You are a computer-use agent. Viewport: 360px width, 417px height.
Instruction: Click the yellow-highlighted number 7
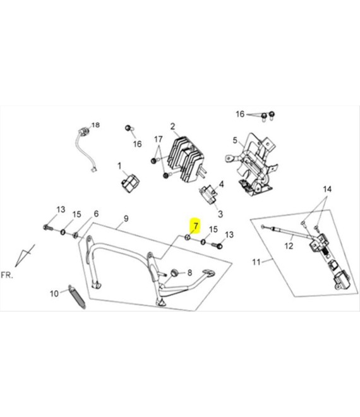click(196, 226)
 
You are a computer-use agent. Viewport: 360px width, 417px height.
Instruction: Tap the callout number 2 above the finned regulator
click(173, 126)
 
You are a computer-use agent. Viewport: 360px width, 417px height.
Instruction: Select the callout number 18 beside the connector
click(95, 124)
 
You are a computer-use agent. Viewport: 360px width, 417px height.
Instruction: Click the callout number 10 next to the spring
click(54, 294)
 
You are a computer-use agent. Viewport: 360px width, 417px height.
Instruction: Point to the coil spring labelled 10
click(77, 297)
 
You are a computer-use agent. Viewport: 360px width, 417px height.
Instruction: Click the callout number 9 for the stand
click(126, 219)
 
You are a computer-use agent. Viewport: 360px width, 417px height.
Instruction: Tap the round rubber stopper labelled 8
click(174, 272)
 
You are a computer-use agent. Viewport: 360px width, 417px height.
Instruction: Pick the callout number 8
click(189, 272)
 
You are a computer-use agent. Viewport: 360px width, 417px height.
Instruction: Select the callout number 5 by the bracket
click(235, 140)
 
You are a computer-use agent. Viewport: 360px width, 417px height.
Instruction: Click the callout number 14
click(327, 189)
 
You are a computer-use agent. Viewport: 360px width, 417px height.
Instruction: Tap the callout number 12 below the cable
click(289, 246)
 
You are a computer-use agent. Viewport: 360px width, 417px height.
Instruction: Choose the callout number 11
click(256, 262)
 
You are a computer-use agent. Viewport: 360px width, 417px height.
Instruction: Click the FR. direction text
click(7, 275)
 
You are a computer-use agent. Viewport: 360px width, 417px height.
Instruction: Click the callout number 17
click(158, 139)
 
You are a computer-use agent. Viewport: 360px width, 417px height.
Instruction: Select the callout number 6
click(96, 214)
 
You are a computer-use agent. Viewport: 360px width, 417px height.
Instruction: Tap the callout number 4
click(221, 184)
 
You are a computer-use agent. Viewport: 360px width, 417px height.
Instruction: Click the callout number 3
click(220, 214)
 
